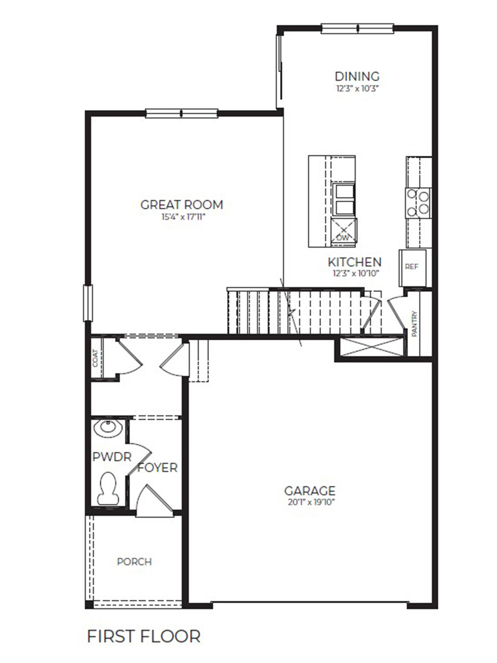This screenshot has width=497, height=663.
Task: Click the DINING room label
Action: (x=357, y=76)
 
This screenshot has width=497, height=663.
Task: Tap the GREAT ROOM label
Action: (x=182, y=205)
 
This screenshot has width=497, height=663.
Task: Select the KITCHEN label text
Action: (x=355, y=262)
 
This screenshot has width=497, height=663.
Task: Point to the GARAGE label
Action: (x=310, y=491)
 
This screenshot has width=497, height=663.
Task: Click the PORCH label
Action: (x=134, y=562)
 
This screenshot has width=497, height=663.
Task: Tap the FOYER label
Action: (x=158, y=468)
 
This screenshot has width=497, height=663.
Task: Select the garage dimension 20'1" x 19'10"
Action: (x=310, y=502)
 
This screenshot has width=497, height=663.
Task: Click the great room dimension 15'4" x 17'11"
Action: (x=182, y=217)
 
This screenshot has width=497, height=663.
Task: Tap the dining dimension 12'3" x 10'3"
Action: (x=357, y=88)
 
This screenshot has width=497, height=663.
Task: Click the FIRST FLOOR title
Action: (x=144, y=636)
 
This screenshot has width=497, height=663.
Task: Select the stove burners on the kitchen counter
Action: (x=418, y=202)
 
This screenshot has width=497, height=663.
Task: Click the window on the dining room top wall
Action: (x=357, y=27)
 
